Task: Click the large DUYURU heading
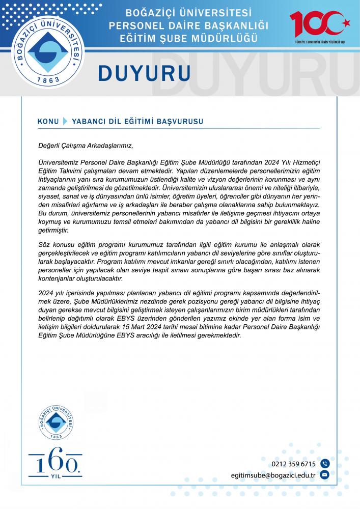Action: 144,72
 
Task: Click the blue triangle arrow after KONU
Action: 65,122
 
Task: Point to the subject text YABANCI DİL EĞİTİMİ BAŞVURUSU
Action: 137,122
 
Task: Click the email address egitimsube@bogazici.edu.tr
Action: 273,475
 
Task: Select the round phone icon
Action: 325,464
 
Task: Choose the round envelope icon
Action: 325,475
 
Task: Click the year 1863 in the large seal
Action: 49,80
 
